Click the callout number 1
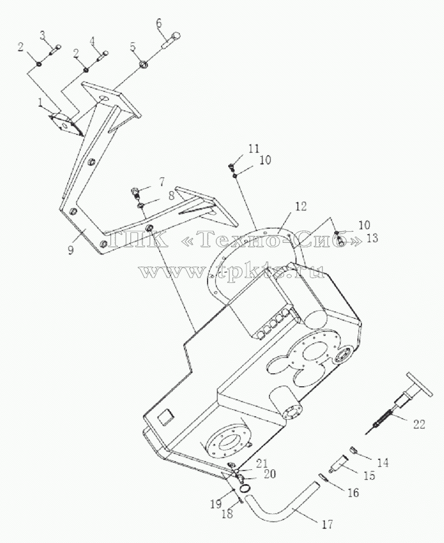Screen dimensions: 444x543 [41, 102]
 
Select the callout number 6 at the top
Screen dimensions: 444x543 [159, 24]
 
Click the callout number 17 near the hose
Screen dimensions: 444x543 [327, 524]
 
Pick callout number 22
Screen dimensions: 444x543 [419, 424]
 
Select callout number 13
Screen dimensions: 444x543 [372, 238]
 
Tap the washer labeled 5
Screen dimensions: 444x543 [143, 65]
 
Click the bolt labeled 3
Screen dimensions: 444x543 [56, 50]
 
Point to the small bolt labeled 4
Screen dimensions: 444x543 [103, 55]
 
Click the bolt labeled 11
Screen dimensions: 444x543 [232, 167]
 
